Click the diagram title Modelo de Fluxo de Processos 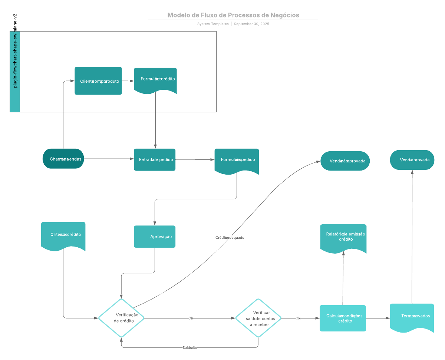tap(233, 15)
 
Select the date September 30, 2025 tap(251, 24)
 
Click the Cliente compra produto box tap(98, 81)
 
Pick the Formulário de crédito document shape tap(155, 80)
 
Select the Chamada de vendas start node tap(63, 159)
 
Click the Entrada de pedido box tap(155, 159)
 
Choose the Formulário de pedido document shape tap(237, 160)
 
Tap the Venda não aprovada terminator tap(345, 161)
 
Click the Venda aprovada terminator tap(412, 160)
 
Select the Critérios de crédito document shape tap(63, 235)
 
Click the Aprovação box tap(155, 237)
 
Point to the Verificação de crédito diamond tap(121, 318)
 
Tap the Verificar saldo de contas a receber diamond tap(258, 318)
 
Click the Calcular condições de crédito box tap(343, 318)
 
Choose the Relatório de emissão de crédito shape tap(343, 237)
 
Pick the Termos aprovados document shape tap(412, 317)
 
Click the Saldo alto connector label tap(189, 348)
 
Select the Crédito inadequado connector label tap(230, 238)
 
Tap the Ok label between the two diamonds tap(191, 318)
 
